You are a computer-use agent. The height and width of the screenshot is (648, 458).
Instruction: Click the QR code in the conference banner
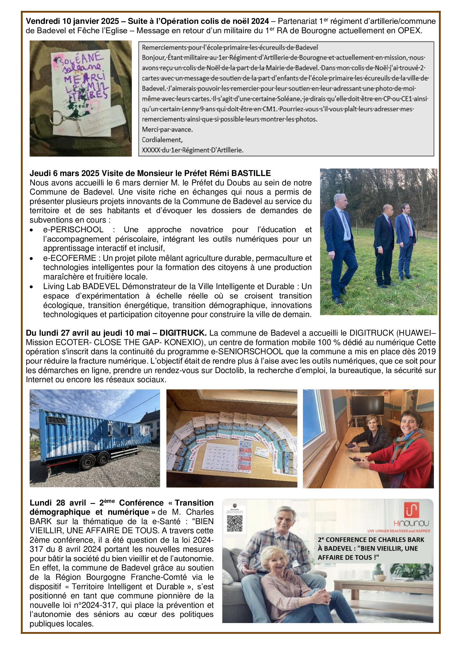[x=234, y=524]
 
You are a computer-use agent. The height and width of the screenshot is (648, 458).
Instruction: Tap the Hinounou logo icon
[x=411, y=510]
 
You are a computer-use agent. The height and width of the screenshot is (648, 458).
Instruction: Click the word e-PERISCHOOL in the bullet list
[x=73, y=229]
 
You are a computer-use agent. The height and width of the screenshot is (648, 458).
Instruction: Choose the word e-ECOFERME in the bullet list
[x=70, y=258]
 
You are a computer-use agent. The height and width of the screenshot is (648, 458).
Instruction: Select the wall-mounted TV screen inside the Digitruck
[x=368, y=405]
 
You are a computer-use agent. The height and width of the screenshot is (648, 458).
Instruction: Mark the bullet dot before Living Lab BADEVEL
[x=31, y=287]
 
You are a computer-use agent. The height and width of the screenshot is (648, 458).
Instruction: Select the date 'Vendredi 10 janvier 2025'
[x=73, y=21]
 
